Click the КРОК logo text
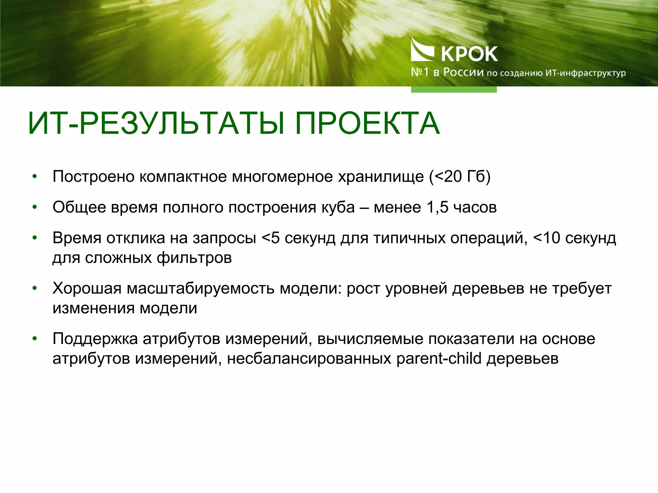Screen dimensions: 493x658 (469, 54)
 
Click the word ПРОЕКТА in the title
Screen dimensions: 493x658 (367, 124)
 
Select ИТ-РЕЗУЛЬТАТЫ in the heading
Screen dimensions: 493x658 (156, 124)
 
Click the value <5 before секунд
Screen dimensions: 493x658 (271, 238)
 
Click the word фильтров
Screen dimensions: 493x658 (194, 258)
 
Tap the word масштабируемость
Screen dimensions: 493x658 (201, 289)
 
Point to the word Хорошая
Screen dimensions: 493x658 (87, 289)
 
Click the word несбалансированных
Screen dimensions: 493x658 (309, 359)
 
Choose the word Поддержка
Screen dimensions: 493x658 (95, 339)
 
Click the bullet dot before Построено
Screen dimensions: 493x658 (35, 177)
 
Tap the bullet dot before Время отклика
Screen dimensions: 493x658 (35, 238)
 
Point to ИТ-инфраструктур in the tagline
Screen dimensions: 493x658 (585, 73)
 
